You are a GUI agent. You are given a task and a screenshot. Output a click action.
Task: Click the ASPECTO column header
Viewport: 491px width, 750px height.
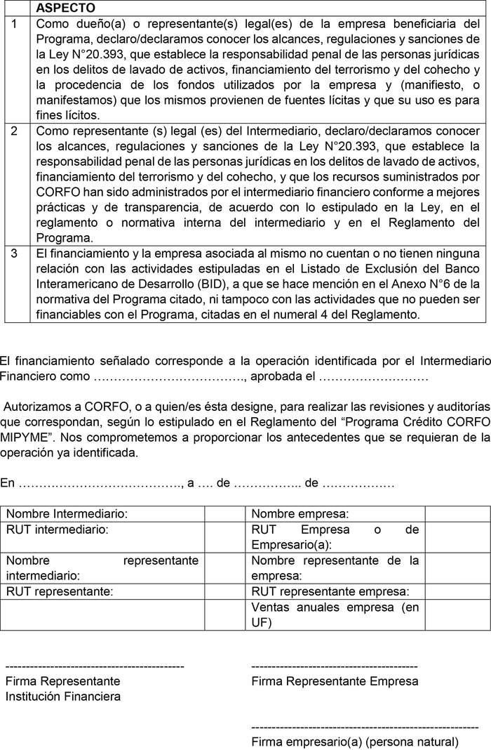66,8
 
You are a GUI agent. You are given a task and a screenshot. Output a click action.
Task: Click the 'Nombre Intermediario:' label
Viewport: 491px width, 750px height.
67,514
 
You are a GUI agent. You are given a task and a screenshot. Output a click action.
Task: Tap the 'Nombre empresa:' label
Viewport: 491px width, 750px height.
300,514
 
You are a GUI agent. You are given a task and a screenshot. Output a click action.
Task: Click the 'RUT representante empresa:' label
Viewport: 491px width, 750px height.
330,591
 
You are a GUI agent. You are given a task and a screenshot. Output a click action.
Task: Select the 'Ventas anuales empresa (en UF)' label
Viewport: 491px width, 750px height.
335,614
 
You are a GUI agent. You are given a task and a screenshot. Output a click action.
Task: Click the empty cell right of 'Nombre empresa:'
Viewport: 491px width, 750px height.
457,514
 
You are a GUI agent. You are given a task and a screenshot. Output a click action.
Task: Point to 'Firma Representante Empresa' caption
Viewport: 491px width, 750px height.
335,681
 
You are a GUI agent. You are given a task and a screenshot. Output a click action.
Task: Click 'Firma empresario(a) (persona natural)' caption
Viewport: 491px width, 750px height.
354,742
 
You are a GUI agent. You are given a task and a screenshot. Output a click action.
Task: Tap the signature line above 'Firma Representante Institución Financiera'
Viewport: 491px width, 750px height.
95,665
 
